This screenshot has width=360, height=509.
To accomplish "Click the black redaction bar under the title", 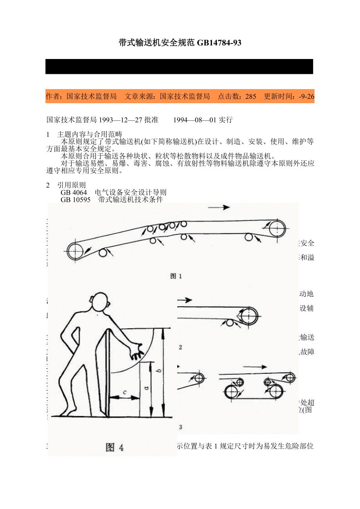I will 179,66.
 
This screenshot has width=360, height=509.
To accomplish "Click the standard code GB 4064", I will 74,193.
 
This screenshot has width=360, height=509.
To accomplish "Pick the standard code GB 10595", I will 76,200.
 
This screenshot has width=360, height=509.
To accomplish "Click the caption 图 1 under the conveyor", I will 176,276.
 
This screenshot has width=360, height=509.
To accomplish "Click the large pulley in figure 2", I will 248,315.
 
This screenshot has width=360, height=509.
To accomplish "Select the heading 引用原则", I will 71,185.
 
